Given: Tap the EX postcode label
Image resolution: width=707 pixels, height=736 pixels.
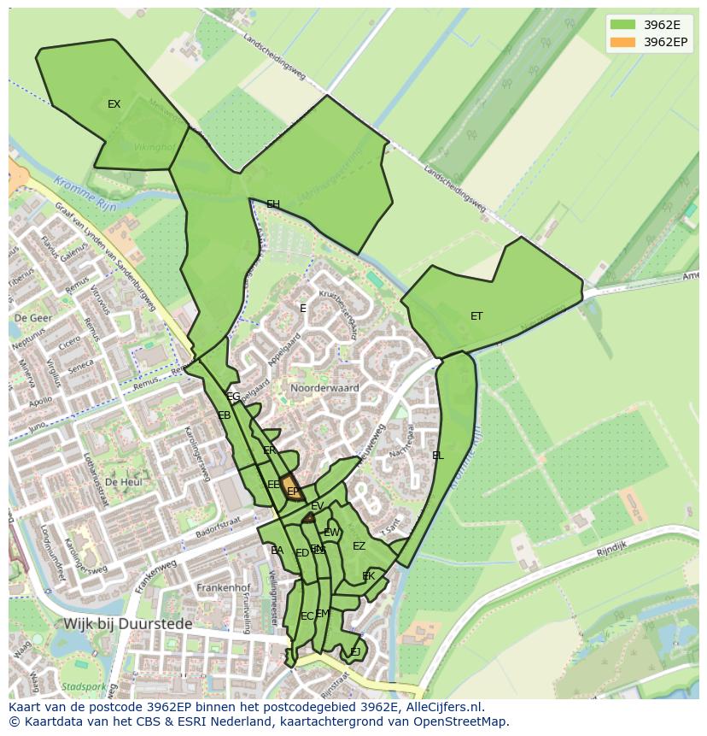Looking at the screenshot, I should click(x=114, y=104).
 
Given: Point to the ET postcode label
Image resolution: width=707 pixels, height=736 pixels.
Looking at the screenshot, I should click(x=476, y=316).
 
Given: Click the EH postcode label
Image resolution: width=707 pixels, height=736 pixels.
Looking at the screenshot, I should click(x=273, y=204).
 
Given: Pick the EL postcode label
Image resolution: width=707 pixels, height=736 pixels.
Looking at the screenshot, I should click(x=438, y=456).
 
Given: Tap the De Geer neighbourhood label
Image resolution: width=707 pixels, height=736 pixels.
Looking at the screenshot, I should click(x=32, y=317).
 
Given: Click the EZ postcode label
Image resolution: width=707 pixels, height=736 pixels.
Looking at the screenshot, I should click(x=359, y=546).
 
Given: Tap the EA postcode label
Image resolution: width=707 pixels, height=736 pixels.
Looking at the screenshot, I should click(x=277, y=551).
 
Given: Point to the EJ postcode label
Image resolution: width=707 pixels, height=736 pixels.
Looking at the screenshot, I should click(x=354, y=652).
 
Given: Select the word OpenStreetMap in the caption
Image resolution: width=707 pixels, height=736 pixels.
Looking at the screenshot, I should click(x=462, y=721).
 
